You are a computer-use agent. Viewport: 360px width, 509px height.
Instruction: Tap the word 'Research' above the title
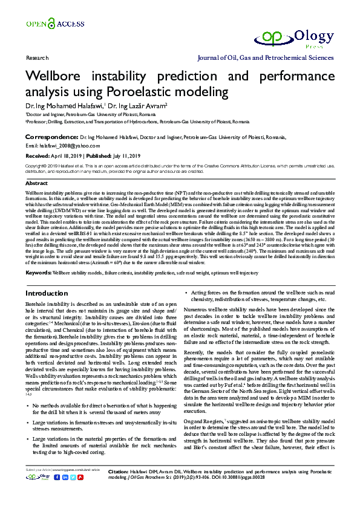(37, 59)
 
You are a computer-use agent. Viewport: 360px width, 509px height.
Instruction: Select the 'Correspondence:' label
(51, 137)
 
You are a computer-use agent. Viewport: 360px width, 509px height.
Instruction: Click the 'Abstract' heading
(36, 183)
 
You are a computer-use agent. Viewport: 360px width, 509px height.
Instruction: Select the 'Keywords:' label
(38, 273)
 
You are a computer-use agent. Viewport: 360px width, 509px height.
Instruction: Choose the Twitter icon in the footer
(74, 493)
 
